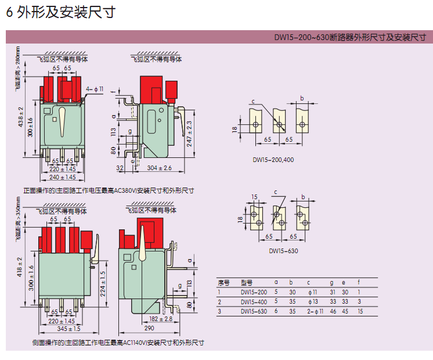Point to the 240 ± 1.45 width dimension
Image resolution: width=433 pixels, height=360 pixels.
(x=62, y=177)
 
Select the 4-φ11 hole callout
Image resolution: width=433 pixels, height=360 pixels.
(x=95, y=89)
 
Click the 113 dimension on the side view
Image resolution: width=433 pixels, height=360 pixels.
(x=114, y=132)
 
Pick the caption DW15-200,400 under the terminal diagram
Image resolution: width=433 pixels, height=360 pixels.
(x=272, y=159)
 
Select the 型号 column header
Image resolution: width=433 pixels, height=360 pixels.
(x=247, y=283)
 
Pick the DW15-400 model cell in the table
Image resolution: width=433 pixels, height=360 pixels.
(x=254, y=302)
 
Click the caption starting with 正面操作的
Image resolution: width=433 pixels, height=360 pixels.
(x=108, y=190)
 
